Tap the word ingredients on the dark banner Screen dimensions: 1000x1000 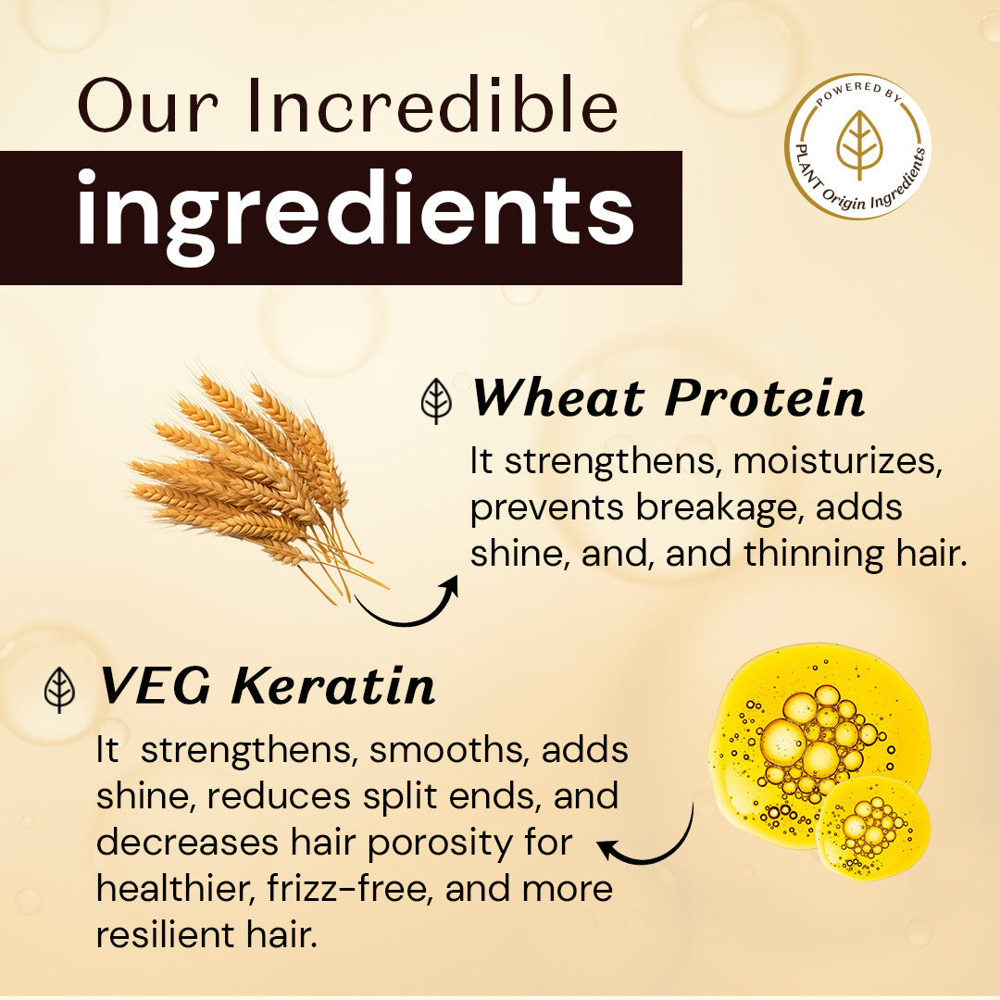pyautogui.click(x=356, y=215)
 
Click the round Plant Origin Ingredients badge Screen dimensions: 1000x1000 pyautogui.click(x=858, y=146)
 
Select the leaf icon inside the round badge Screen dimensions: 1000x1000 pyautogui.click(x=858, y=144)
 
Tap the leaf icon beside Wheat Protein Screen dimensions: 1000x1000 pyautogui.click(x=436, y=402)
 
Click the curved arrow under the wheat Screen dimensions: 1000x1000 pyautogui.click(x=407, y=602)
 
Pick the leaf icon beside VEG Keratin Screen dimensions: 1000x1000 pyautogui.click(x=60, y=690)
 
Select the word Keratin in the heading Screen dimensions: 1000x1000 pyautogui.click(x=333, y=687)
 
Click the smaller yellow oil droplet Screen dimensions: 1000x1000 pyautogui.click(x=872, y=827)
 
